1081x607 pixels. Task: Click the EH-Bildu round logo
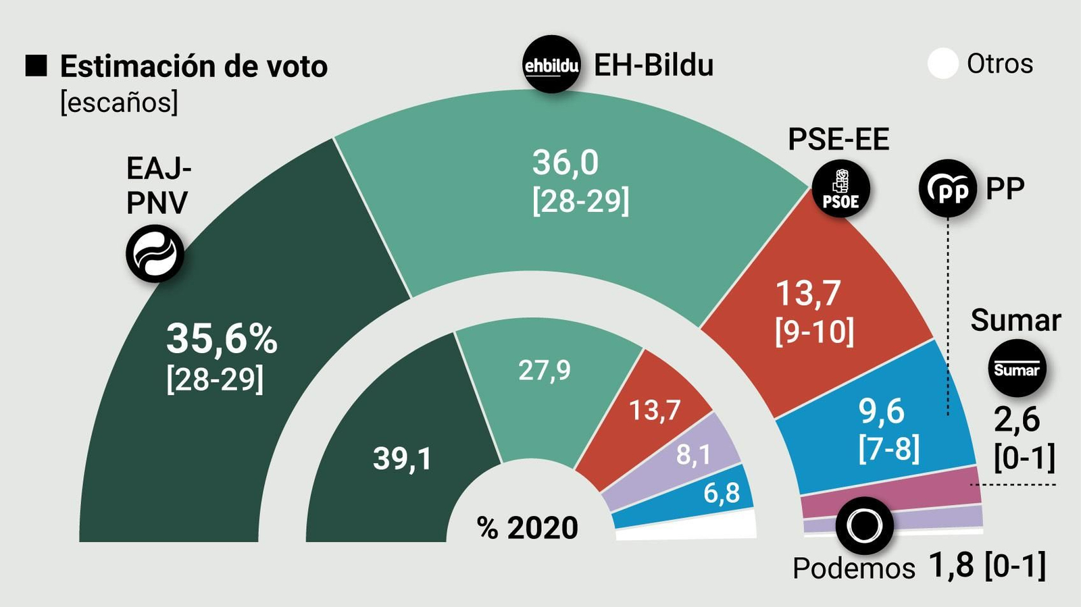[x=552, y=64]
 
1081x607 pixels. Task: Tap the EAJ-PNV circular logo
[x=155, y=254]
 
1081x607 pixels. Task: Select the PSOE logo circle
[x=840, y=188]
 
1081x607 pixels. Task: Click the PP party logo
[x=948, y=188]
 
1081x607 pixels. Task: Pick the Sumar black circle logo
[x=1017, y=369]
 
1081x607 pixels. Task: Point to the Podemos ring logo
[x=864, y=525]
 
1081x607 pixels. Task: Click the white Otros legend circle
[x=942, y=64]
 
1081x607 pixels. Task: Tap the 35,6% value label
[x=222, y=338]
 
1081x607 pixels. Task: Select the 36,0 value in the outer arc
[x=565, y=163]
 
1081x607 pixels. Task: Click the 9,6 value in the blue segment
[x=881, y=411]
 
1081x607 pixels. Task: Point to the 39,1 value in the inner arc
[x=402, y=459]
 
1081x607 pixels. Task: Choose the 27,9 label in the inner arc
[x=544, y=370]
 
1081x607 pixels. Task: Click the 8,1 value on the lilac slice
[x=693, y=455]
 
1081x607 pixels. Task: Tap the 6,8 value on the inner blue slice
[x=722, y=494]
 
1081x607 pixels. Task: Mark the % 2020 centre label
[x=528, y=528]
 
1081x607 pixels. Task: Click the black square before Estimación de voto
[x=36, y=65]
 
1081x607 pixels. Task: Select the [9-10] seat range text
[x=814, y=332]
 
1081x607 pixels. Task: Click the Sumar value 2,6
[x=1016, y=420]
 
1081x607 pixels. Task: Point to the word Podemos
[x=853, y=569]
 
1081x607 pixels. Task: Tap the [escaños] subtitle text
[x=119, y=103]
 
